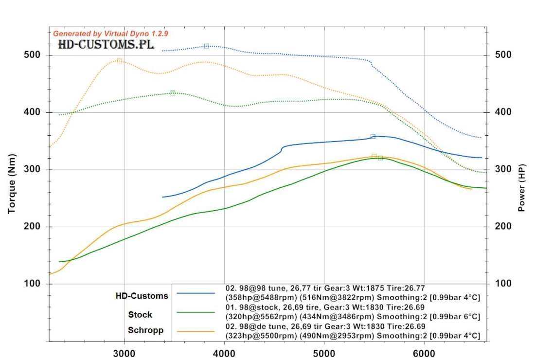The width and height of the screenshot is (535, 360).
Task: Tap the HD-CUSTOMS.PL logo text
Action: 106,45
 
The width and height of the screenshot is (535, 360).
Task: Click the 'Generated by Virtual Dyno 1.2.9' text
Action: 110,34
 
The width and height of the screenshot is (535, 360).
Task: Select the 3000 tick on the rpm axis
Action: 125,354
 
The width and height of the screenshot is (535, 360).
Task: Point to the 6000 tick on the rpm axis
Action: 424,354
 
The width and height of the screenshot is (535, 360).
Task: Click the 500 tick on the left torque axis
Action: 32,55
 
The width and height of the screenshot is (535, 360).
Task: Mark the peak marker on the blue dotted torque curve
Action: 207,46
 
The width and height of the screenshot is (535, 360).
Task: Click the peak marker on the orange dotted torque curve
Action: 119,61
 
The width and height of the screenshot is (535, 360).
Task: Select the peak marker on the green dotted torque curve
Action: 173,93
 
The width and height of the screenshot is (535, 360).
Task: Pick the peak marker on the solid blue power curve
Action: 373,136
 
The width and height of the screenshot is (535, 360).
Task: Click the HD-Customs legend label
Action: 142,296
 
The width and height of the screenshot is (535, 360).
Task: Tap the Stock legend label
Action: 140,315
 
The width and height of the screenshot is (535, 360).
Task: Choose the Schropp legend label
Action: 145,330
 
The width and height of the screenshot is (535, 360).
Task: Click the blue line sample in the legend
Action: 196,293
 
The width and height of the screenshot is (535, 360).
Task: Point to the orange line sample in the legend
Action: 196,331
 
